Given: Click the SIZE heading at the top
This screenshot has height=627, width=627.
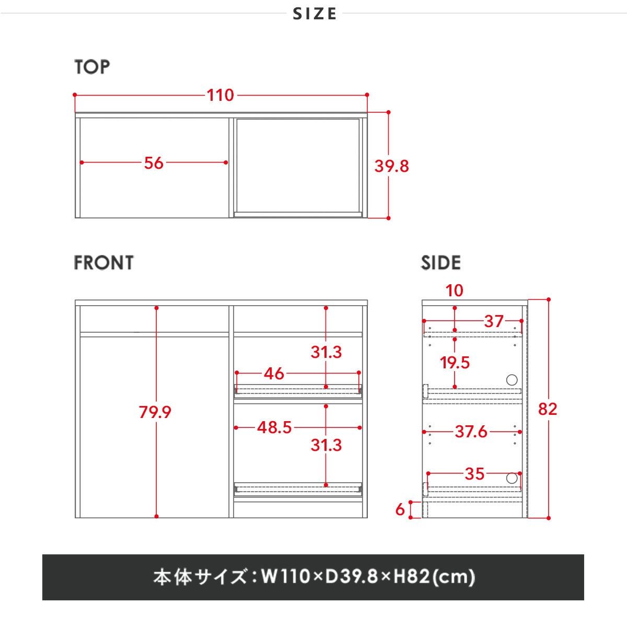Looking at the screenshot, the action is point(315,14).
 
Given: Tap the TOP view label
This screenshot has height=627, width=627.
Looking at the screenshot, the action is point(92,67).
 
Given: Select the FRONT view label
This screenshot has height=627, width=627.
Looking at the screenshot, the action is point(104,263).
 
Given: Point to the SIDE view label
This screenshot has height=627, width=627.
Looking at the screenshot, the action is point(441,263).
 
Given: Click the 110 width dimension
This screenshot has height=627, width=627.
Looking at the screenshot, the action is point(220,95).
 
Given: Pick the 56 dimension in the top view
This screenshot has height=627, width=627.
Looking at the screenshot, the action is point(154,163).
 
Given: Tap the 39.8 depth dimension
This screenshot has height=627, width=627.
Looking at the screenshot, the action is point(391,166).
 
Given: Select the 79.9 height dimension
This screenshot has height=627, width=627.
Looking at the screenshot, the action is point(155,412).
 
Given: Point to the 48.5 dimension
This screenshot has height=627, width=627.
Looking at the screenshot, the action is point(274,427).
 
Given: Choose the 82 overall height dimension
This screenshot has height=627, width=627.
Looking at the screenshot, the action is point(548,409).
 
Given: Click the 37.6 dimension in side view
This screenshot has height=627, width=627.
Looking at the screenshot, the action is point(471,432).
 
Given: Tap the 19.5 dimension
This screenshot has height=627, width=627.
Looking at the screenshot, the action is point(455,363).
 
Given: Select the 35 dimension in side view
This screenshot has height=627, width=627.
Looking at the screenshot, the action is point(474,474).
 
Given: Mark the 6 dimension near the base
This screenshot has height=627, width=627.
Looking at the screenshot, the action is point(400,509).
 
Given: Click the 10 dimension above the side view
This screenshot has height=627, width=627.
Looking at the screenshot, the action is point(454,291).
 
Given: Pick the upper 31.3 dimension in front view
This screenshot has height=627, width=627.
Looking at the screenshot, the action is point(326,352).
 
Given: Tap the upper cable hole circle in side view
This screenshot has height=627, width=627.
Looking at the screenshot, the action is point(512,380).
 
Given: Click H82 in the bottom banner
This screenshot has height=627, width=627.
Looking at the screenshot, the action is point(412,576).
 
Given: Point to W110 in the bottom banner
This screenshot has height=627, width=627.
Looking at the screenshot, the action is point(285,576).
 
